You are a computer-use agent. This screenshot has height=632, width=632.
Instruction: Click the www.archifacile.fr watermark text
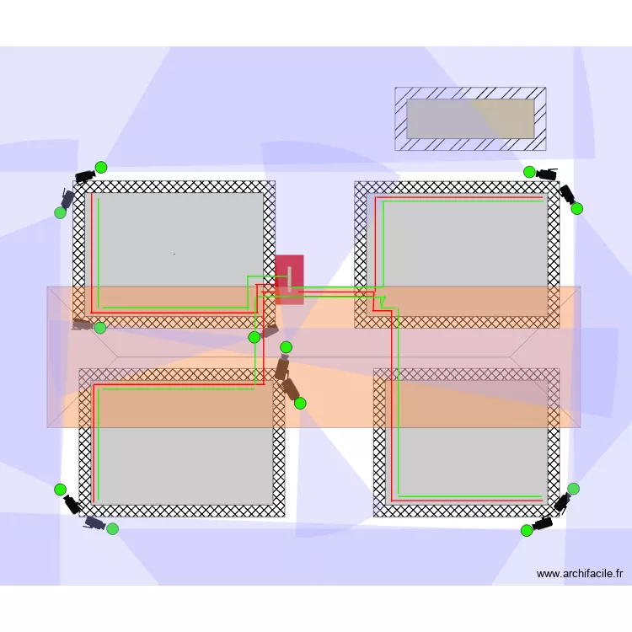coord(580,574)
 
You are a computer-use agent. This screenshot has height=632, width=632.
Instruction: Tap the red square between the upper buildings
coord(289,279)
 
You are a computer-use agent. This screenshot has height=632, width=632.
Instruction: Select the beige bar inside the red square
coord(289,279)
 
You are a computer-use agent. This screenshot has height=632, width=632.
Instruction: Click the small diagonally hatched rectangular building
coord(470,119)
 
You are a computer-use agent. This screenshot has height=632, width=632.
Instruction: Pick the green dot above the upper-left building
coord(101,168)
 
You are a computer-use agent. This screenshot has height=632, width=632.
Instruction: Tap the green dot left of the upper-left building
coord(61,212)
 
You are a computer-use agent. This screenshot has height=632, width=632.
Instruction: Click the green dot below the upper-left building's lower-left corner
coord(100,328)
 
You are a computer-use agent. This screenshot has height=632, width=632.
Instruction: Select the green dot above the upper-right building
coord(529,172)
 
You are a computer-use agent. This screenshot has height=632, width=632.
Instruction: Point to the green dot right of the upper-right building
coord(576,208)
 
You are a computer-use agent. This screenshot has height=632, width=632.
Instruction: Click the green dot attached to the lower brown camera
coord(300,403)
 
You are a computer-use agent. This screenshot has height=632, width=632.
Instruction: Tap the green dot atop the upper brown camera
coord(286,347)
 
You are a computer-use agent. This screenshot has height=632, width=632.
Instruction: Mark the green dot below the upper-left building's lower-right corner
coord(254,337)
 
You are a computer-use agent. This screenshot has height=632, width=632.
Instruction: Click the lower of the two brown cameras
coord(290,389)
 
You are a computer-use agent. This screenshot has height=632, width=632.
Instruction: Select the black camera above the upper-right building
coord(548,174)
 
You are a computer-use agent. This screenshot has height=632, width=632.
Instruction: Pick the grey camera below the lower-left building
coord(95,522)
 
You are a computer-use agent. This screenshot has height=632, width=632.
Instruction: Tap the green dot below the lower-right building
coord(527,531)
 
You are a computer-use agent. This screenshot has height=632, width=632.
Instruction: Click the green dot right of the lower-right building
coord(573,489)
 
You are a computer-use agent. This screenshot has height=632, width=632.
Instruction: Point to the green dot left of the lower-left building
coord(60,490)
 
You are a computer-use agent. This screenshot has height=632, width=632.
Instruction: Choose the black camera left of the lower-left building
coord(72,504)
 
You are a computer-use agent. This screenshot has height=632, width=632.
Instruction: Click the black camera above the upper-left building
coord(85,176)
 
